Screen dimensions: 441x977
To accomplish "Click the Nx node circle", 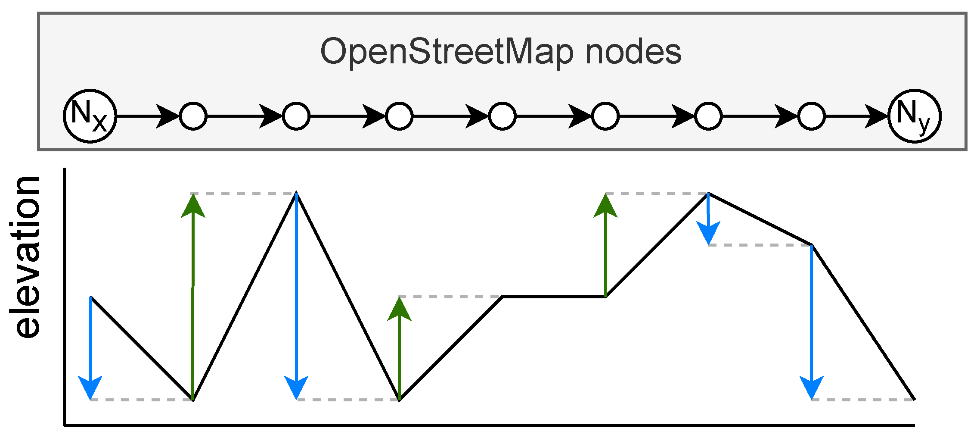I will point(90,116).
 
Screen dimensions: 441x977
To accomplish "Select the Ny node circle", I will point(915,116).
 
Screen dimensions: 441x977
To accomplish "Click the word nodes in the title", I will point(633,52).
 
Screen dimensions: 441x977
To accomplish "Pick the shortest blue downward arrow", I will point(708,220).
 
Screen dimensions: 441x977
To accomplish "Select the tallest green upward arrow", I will point(193,297).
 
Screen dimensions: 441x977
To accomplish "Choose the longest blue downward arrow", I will point(296,297).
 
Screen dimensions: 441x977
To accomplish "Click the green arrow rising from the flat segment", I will point(605,246).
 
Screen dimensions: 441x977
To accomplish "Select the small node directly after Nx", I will point(193,116).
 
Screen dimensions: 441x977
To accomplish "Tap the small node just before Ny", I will point(811,116).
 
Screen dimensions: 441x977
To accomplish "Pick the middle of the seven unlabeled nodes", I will point(502,116).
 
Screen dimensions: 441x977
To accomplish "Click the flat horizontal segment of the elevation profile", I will point(554,297).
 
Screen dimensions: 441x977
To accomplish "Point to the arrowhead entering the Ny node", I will point(876,116).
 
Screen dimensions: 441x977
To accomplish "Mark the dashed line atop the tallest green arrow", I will point(244,194).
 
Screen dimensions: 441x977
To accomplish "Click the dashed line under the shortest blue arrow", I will point(760,245).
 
